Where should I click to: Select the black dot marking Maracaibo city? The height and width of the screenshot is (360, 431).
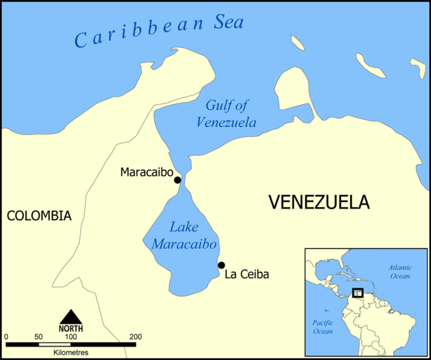(177, 180)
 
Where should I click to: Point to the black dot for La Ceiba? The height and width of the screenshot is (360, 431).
(222, 265)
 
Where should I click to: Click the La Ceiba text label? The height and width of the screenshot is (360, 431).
(247, 275)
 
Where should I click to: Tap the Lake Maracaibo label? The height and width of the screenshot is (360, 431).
(184, 236)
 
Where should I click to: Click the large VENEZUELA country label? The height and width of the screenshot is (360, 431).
(319, 203)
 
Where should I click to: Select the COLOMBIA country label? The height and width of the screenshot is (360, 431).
(39, 215)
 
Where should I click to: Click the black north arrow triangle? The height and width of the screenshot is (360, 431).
(71, 316)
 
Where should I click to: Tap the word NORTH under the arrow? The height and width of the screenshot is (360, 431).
(71, 328)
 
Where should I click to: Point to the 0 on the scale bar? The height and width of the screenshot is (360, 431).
(5, 337)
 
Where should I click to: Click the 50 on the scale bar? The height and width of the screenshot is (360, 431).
(38, 337)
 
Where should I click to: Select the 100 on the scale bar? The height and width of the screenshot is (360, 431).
(70, 337)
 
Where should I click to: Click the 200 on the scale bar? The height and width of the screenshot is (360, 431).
(135, 337)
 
